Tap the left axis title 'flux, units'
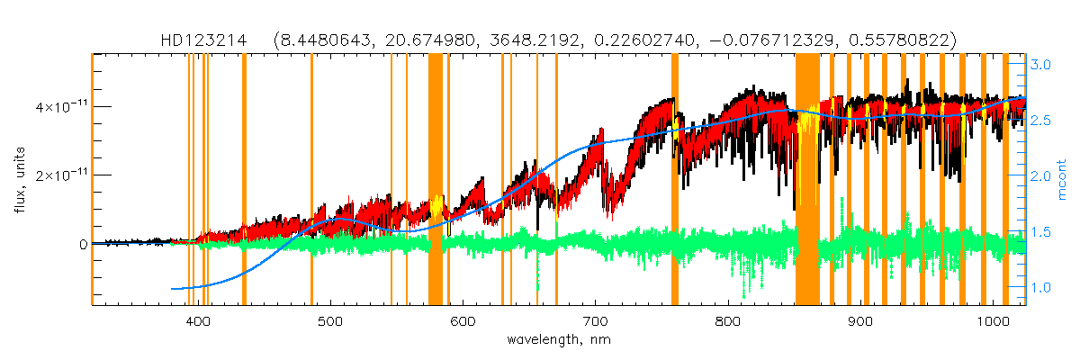pos(19,180)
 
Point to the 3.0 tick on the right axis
pos(1041,65)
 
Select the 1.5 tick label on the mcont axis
pos(1041,232)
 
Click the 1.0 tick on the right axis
pos(1041,288)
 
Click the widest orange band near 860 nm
pos(806,180)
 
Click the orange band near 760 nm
pos(675,180)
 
